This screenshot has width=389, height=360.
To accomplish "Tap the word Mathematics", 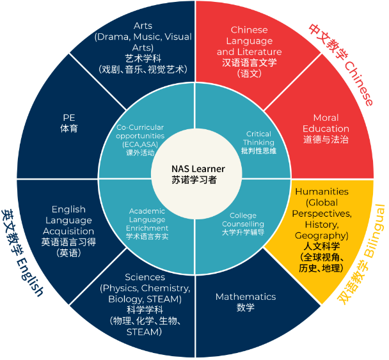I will (245, 297).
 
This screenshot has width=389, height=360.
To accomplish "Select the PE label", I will (69, 118).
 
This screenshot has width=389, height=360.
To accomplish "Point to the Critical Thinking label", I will (259, 138).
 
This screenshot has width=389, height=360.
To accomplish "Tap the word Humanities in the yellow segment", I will (321, 191).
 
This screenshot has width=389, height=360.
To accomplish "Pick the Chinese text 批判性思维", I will (259, 152).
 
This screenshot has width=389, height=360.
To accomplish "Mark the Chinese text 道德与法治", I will (326, 139).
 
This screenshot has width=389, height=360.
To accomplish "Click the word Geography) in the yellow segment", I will (321, 235).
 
